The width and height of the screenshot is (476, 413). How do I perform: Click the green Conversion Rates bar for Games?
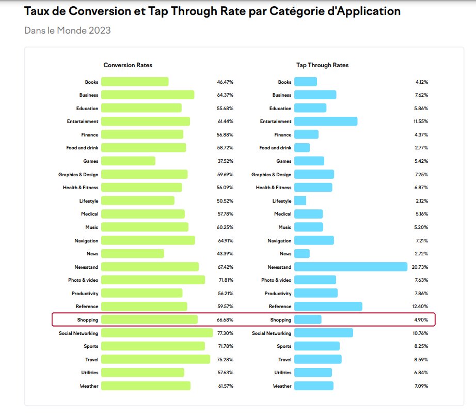(128, 161)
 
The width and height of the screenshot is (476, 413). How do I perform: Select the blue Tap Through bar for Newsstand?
(351, 267)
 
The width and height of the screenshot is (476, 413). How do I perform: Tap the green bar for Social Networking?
(157, 333)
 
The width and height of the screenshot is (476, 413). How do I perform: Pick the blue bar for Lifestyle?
(300, 201)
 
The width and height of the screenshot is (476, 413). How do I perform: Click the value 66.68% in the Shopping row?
(225, 320)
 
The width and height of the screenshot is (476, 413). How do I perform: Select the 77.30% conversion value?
(225, 333)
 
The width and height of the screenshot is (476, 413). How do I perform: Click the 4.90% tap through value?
(421, 320)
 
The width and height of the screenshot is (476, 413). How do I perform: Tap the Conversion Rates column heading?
(128, 65)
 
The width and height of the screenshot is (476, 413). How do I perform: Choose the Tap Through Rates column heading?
(322, 65)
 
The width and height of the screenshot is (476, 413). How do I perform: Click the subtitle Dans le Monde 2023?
(68, 30)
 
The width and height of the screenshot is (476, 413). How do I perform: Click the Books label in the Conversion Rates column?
(91, 82)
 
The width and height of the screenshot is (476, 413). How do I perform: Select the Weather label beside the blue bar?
(282, 386)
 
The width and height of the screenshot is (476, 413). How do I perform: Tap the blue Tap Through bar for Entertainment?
(326, 121)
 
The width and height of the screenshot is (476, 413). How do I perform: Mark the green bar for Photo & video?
(153, 280)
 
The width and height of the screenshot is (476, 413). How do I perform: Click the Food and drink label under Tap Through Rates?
(275, 148)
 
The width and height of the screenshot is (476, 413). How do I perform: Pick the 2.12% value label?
(421, 201)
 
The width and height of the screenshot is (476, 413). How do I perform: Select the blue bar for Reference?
(328, 307)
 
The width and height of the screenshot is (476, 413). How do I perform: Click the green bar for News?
(133, 253)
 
